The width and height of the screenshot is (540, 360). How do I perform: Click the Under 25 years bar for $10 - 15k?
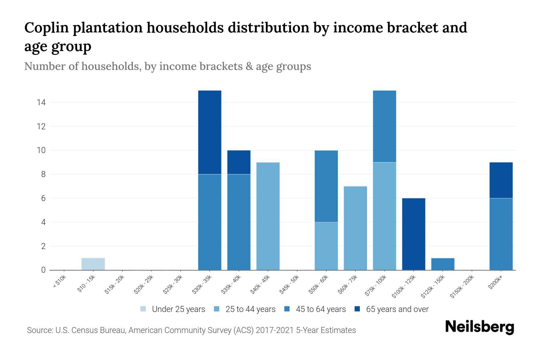[93, 264]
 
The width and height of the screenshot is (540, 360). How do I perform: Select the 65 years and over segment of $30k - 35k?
[210, 132]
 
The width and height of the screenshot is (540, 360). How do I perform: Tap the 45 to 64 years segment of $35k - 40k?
[239, 222]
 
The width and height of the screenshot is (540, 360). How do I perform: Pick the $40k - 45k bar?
[268, 216]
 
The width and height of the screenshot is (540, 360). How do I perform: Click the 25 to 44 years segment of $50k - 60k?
[326, 246]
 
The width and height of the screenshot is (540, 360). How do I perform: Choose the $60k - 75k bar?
[355, 228]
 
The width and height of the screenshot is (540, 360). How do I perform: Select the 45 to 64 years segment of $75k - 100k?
[384, 126]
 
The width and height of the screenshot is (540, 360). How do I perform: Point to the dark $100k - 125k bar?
[413, 234]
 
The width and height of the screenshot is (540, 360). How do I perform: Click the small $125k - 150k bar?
[442, 264]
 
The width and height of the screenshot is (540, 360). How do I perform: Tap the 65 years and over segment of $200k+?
[501, 180]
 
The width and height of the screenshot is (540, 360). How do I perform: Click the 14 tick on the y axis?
[41, 103]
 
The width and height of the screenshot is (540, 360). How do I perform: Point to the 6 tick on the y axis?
[43, 198]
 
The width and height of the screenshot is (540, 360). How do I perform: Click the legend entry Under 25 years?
[178, 309]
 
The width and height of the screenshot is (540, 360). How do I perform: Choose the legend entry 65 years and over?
[397, 309]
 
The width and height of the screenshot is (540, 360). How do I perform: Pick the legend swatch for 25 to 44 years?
[217, 309]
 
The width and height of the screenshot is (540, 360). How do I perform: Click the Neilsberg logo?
[479, 327]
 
